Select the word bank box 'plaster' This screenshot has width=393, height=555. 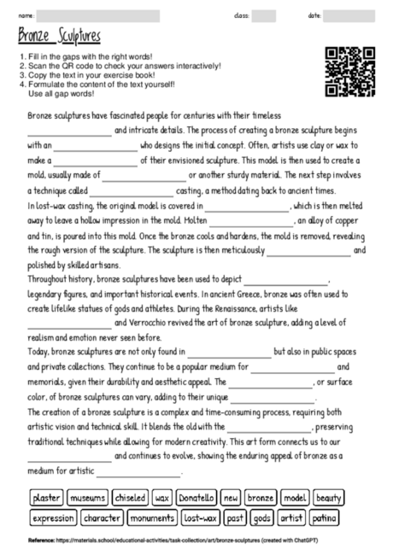[45, 497]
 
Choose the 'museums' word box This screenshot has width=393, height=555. [87, 497]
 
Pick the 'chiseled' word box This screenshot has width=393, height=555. [130, 497]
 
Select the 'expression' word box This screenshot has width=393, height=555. [53, 518]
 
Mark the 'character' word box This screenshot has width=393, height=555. [103, 518]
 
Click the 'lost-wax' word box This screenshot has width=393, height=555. [202, 518]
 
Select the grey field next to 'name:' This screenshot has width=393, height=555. [97, 15]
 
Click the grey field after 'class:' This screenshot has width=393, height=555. [263, 15]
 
